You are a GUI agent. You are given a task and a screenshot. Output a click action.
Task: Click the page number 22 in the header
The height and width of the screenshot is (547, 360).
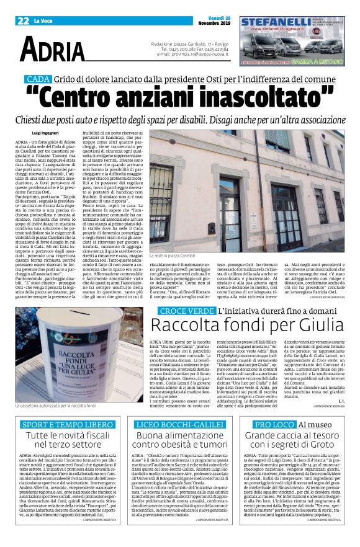point(24,20)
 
